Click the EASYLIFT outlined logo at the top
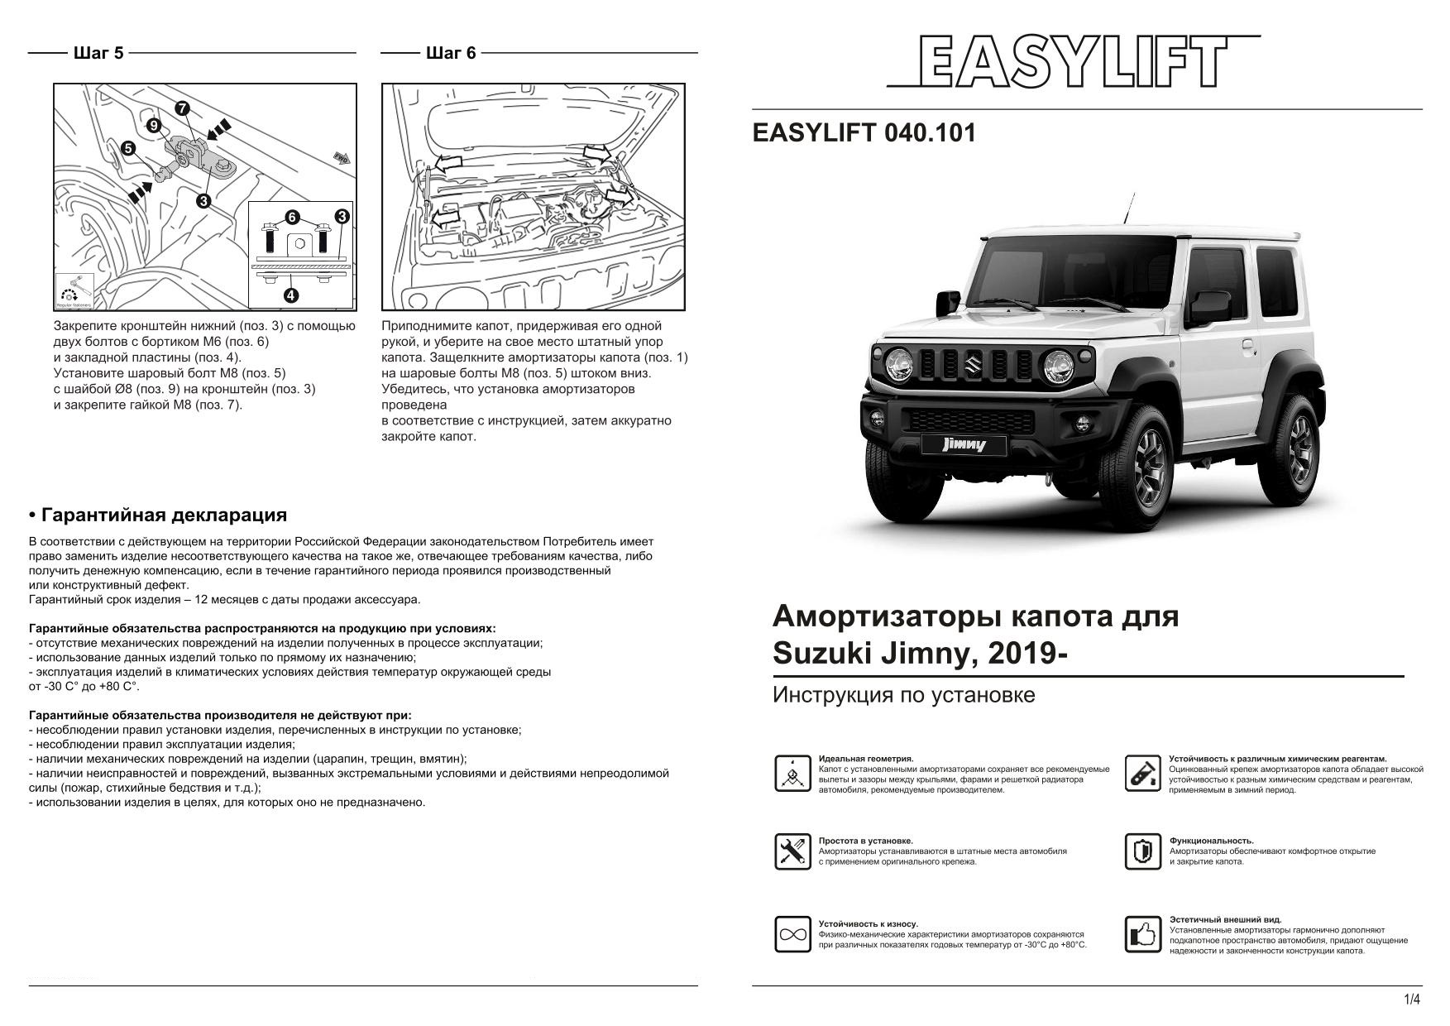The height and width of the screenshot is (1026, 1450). coord(1073,62)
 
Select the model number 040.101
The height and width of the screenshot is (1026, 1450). coord(930,133)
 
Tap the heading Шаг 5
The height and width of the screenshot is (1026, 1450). coord(98,53)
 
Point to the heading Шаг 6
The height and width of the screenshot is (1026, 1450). coord(451,53)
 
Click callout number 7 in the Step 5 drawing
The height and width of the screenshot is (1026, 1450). coord(182,108)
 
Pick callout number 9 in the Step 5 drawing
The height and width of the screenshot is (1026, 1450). coord(154,126)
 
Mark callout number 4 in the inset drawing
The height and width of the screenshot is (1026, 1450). coord(291,295)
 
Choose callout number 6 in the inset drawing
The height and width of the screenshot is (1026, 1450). coord(291,218)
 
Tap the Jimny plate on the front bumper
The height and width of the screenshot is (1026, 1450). coord(964,445)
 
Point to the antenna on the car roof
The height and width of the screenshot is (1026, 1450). coord(1127,208)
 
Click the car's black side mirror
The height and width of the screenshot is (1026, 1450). coord(1211,304)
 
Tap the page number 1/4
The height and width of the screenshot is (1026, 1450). coord(1412,1000)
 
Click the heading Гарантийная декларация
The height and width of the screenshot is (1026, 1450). coord(158,515)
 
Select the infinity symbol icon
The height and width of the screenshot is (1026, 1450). coord(792,935)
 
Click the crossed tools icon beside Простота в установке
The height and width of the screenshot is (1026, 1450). coord(792,851)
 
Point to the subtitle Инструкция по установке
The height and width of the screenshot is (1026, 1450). coord(903,695)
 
